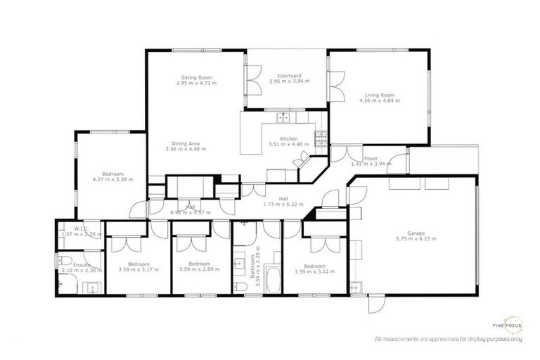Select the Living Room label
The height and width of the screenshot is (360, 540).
379,95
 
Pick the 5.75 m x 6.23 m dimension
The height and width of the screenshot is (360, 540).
417,239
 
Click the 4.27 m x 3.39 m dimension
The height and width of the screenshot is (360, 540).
112,179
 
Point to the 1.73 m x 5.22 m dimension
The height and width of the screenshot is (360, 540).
283,204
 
